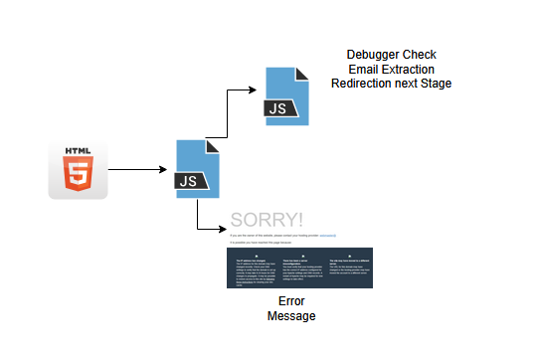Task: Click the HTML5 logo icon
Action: tap(78, 170)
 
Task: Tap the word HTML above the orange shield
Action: tap(78, 152)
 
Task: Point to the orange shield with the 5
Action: tap(78, 176)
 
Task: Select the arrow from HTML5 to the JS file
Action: tap(139, 170)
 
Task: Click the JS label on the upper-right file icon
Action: tap(277, 106)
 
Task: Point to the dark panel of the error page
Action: tap(299, 269)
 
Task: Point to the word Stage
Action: tap(435, 84)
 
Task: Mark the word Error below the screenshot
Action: tap(290, 301)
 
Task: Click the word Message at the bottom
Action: tap(290, 316)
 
